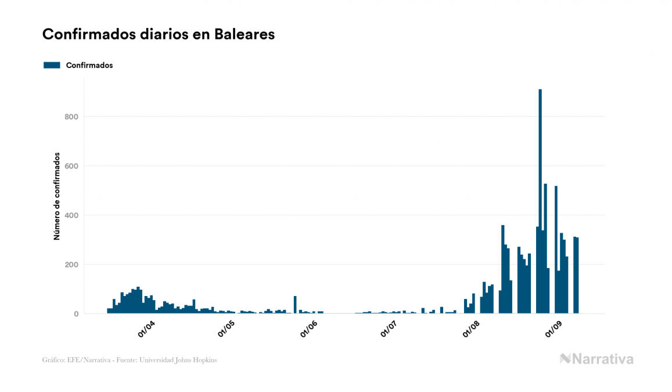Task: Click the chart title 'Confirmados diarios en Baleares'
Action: click(x=159, y=34)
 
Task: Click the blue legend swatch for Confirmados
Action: click(x=52, y=65)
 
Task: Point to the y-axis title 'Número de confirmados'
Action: click(x=57, y=197)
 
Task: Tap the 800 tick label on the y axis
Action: click(x=71, y=117)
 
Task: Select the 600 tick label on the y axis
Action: click(x=71, y=166)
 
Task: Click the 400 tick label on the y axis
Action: click(x=71, y=216)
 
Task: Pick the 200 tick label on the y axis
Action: click(x=71, y=265)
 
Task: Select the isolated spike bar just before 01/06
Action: click(x=295, y=305)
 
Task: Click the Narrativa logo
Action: click(x=596, y=359)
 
